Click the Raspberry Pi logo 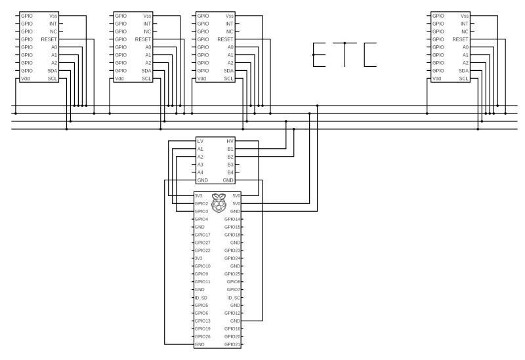tap(217, 203)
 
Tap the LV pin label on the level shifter tap(200, 141)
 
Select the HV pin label tap(230, 141)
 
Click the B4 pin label tap(230, 172)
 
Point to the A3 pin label tap(200, 164)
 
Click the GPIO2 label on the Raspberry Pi tap(201, 203)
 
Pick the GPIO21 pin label tap(233, 344)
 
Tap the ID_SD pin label tap(201, 297)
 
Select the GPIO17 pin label tap(202, 235)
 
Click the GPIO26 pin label tap(202, 336)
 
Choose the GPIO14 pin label tap(233, 219)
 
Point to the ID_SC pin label tap(234, 297)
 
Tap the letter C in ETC tap(371, 56)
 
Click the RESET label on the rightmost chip tap(461, 39)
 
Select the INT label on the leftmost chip tap(53, 24)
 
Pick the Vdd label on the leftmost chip tap(26, 79)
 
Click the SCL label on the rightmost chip tap(464, 79)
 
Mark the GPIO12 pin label tap(233, 313)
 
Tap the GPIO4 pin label tap(201, 219)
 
